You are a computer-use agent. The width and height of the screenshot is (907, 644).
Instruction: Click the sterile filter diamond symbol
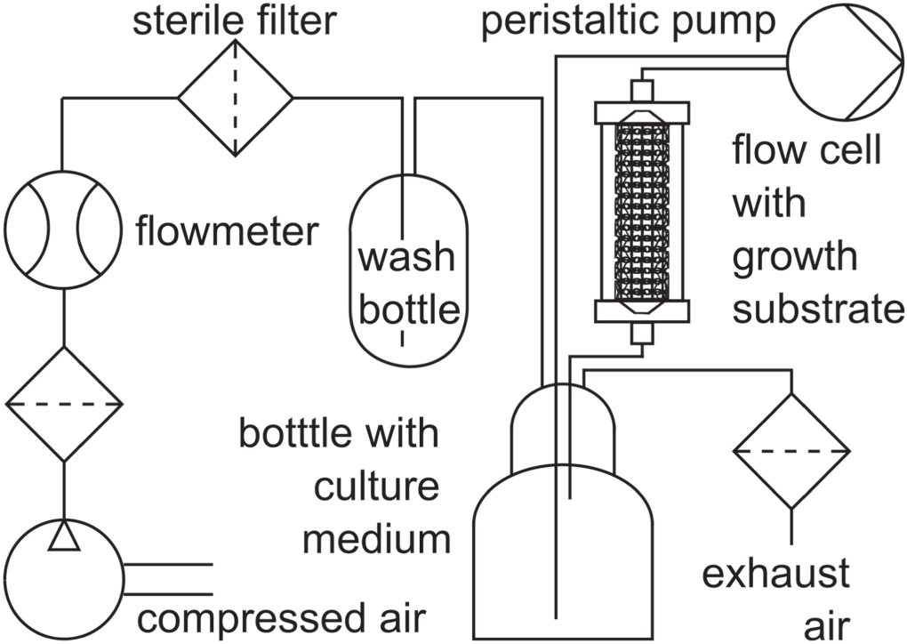point(236,98)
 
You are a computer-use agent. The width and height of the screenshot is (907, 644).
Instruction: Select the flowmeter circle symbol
point(63,229)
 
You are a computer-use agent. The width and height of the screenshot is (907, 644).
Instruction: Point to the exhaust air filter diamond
point(791,452)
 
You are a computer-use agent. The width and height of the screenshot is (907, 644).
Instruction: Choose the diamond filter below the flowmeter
point(63,405)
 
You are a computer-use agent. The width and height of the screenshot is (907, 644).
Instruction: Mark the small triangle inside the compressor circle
point(63,537)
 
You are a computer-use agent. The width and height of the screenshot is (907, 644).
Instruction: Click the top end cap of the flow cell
point(641,112)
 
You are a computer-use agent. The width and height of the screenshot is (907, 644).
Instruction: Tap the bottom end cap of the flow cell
point(641,311)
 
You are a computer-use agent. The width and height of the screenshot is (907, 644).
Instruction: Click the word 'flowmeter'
point(227,232)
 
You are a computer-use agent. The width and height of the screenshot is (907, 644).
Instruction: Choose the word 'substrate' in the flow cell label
point(818,310)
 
